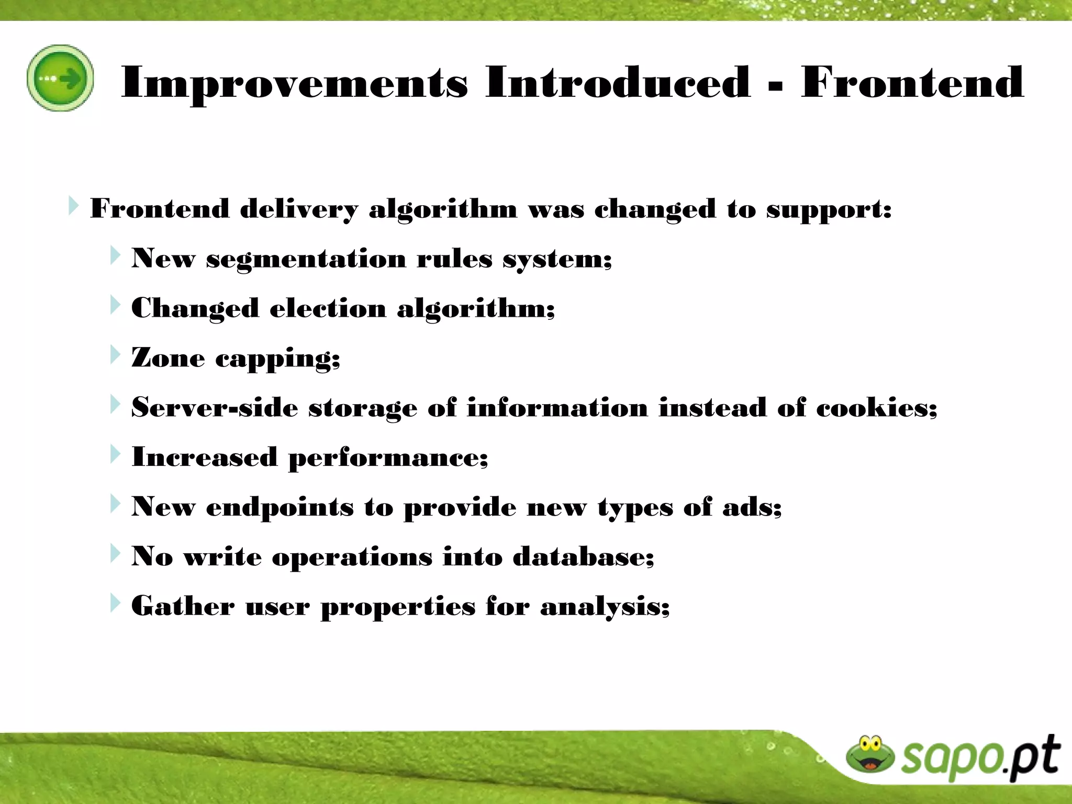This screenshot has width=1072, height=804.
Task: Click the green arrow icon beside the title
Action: point(60,78)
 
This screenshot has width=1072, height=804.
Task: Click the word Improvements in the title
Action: point(294,82)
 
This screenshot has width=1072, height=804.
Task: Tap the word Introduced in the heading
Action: point(618,82)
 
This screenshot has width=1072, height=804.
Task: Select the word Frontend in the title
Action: point(912,82)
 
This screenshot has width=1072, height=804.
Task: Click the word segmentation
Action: point(306,259)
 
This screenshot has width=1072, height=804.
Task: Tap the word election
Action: point(328,308)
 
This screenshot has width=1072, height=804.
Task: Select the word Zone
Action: point(167,358)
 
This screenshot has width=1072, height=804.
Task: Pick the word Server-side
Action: point(215,408)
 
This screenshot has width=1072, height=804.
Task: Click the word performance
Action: point(387,458)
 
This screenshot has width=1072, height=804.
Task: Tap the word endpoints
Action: point(280,507)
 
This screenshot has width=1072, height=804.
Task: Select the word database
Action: point(582,556)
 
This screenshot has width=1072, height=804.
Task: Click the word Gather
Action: point(183,606)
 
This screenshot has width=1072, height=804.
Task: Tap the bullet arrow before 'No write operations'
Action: point(115,554)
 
